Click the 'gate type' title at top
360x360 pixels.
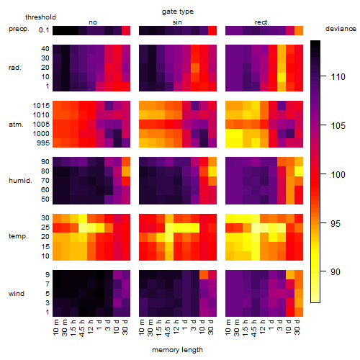point(178,12)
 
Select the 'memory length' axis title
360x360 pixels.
point(177,350)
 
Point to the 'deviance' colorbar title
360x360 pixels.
point(341,29)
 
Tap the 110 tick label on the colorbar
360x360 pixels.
point(338,77)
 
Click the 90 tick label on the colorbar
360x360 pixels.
point(336,272)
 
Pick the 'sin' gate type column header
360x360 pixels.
point(177,22)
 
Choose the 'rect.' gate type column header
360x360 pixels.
point(261,22)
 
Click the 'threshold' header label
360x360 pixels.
point(40,17)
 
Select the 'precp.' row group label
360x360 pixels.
point(19,29)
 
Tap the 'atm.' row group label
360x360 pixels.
point(16,125)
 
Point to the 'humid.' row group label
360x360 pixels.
point(20,180)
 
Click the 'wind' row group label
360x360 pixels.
point(17,293)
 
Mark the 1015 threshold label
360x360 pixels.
point(41,106)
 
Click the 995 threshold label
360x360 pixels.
point(43,143)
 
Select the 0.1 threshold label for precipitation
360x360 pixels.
point(44,30)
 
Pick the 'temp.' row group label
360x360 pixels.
point(18,236)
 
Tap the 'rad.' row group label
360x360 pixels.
point(15,68)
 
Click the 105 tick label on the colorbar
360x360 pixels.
point(338,126)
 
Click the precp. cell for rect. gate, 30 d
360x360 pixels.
point(299,30)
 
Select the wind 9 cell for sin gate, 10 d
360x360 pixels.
point(204,275)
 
